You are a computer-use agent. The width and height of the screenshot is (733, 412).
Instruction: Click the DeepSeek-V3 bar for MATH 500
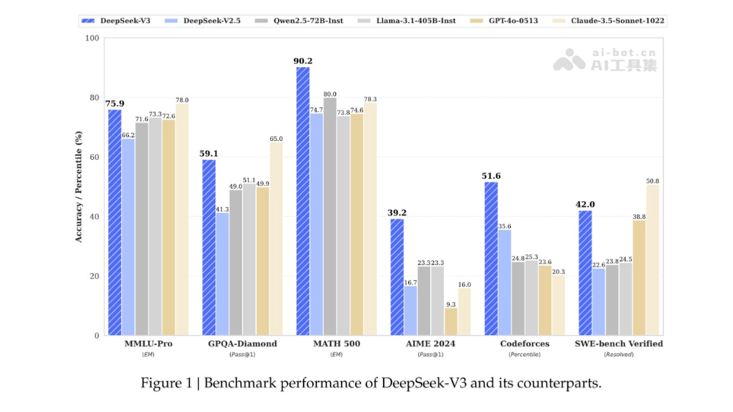[x=303, y=201]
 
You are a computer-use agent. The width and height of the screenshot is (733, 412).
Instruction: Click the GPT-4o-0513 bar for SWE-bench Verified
[x=639, y=278]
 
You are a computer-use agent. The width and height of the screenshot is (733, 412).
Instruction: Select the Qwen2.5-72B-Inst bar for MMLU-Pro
[x=142, y=229]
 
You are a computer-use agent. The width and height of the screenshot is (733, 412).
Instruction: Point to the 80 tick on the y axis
[x=93, y=98]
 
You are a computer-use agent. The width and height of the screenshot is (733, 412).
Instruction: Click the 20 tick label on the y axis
[x=93, y=276]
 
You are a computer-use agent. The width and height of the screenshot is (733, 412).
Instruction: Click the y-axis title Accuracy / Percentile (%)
[x=78, y=187]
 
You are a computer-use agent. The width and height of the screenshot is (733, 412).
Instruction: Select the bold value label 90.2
[x=303, y=61]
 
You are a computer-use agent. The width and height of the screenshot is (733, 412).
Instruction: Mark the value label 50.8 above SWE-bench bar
[x=652, y=181]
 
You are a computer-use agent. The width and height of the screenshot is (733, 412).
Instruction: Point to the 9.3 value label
[x=451, y=303]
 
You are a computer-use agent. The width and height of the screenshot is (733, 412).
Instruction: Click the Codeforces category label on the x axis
[x=525, y=344]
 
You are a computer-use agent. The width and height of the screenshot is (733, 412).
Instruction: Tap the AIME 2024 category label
[x=431, y=344]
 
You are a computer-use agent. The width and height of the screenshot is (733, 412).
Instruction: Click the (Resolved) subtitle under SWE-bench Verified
[x=619, y=355]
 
